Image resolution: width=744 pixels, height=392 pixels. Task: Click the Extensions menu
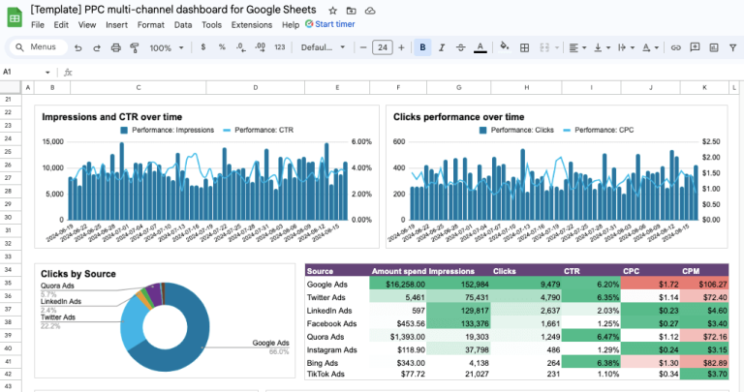pyautogui.click(x=251, y=24)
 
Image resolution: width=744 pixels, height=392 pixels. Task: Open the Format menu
pyautogui.click(x=150, y=24)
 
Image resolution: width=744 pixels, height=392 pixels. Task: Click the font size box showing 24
pyautogui.click(x=382, y=46)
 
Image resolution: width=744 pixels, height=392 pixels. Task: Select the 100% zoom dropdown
pyautogui.click(x=167, y=47)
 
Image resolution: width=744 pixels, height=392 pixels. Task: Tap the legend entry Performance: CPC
pyautogui.click(x=605, y=130)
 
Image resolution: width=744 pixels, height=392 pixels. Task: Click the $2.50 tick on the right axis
pyautogui.click(x=712, y=141)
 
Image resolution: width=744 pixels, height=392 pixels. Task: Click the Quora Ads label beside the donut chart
pyautogui.click(x=58, y=286)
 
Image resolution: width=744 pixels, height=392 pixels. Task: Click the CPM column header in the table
pyautogui.click(x=691, y=272)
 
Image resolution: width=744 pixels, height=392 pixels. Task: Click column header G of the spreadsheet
pyautogui.click(x=458, y=87)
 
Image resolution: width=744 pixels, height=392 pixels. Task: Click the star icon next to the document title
pyautogui.click(x=333, y=9)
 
